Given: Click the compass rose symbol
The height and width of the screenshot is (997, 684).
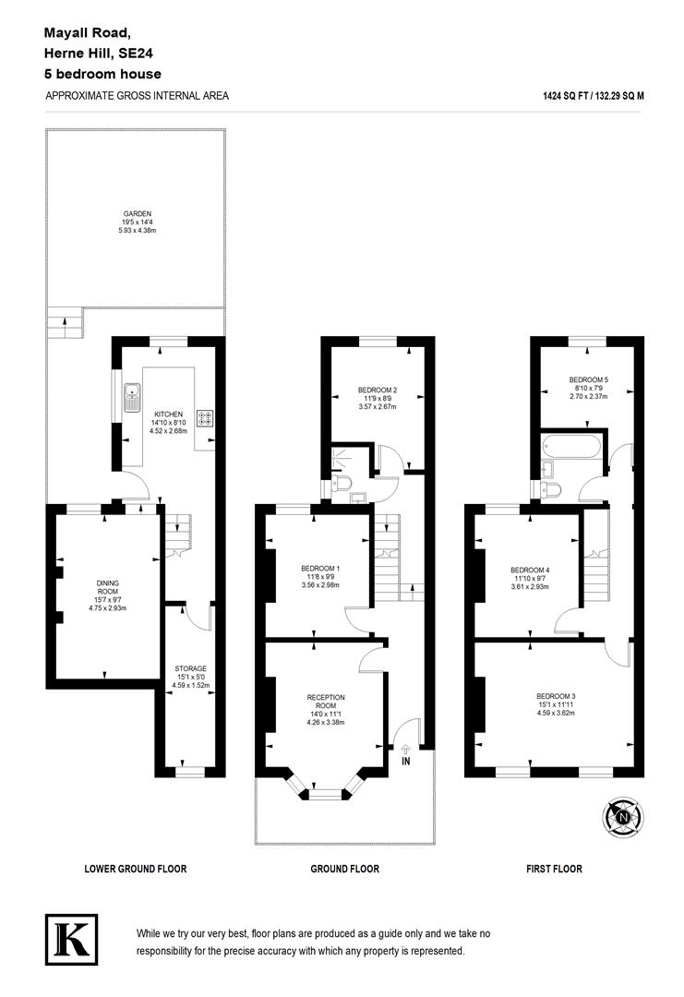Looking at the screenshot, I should [624, 815].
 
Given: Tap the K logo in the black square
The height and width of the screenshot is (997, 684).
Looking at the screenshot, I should [70, 939].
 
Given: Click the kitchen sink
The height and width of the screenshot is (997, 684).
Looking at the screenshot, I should [129, 395].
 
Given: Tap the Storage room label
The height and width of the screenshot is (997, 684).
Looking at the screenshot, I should [191, 668].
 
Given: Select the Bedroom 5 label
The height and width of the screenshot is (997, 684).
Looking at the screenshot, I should [588, 379].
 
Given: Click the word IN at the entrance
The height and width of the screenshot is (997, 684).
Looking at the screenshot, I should [406, 762].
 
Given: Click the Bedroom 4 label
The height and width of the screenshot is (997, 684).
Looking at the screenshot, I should [530, 569].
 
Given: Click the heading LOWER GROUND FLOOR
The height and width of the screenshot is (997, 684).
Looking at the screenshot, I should [135, 869].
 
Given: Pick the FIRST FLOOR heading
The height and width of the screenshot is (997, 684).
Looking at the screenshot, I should [555, 869].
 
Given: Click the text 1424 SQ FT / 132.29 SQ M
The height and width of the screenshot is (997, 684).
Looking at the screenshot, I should [594, 95].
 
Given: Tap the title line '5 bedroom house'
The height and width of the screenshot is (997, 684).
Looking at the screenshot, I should [102, 74].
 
